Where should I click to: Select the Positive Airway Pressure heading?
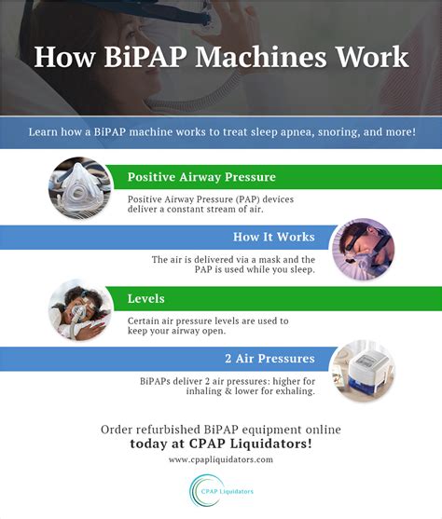201,176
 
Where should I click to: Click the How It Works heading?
274,237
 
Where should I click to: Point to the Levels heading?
145,299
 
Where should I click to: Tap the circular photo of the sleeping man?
363,250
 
